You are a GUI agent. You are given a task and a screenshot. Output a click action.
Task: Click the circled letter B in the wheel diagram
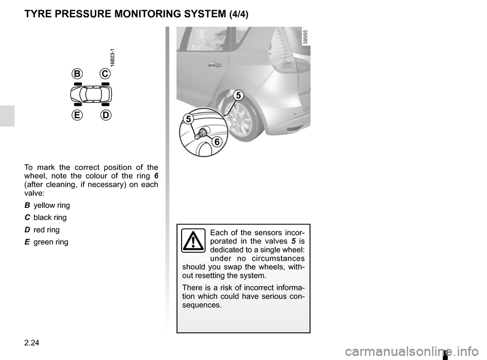[77, 74]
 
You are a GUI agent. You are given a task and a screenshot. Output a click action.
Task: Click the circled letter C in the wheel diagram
[105, 74]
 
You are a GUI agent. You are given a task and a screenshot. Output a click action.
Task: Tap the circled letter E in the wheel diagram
[77, 115]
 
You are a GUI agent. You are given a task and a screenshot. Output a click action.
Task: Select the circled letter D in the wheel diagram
[106, 115]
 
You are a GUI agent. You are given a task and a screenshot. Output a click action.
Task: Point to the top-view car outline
[91, 94]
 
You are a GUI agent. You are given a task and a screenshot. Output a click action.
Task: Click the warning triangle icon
[193, 240]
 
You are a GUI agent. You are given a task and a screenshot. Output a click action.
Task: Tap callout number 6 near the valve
[217, 142]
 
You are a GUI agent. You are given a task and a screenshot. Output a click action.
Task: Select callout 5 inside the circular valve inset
[189, 119]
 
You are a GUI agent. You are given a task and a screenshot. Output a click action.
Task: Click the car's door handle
[215, 65]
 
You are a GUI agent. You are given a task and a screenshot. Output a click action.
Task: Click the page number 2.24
[31, 343]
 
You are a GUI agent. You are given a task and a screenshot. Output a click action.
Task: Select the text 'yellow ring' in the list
[52, 205]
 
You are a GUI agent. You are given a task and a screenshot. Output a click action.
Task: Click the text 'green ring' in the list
[51, 242]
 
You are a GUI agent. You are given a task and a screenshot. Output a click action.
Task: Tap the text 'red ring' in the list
[46, 230]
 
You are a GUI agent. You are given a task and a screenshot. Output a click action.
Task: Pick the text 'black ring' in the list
[50, 218]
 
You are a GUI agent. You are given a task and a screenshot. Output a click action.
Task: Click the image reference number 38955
[305, 37]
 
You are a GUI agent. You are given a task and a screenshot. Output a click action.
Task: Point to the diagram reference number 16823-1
[113, 58]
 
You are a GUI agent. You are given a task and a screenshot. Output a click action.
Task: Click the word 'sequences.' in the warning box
[202, 305]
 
